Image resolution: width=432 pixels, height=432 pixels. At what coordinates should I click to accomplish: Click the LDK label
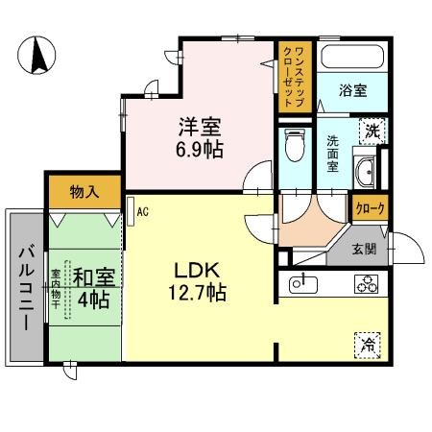[191, 270]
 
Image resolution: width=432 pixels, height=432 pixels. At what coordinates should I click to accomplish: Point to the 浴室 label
[352, 92]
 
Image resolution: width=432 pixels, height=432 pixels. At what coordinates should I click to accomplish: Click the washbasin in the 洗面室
[366, 174]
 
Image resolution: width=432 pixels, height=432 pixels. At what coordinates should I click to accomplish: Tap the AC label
[141, 210]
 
